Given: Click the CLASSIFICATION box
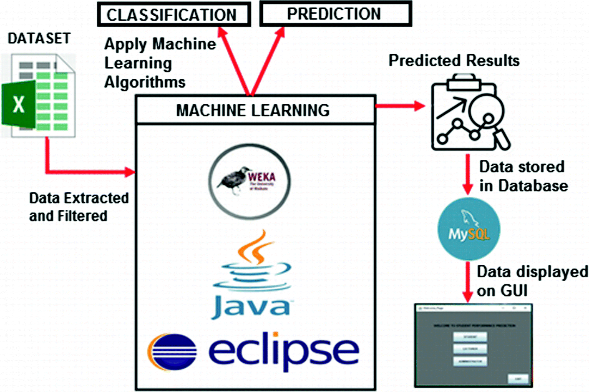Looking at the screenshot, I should [174, 15].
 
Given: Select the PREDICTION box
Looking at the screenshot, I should [335, 14].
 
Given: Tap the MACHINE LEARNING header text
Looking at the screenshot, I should [253, 111].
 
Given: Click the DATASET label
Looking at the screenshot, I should [39, 38].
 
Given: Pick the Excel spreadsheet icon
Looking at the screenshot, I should [39, 96].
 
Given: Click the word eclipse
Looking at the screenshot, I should [284, 351].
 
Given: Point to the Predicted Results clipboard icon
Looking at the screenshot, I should [467, 113].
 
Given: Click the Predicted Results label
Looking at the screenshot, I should [454, 61].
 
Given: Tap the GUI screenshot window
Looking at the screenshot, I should [473, 345].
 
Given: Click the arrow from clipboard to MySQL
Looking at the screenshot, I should [468, 174].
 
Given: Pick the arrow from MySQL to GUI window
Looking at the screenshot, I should [468, 281].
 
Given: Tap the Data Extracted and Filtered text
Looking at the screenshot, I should [78, 207].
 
